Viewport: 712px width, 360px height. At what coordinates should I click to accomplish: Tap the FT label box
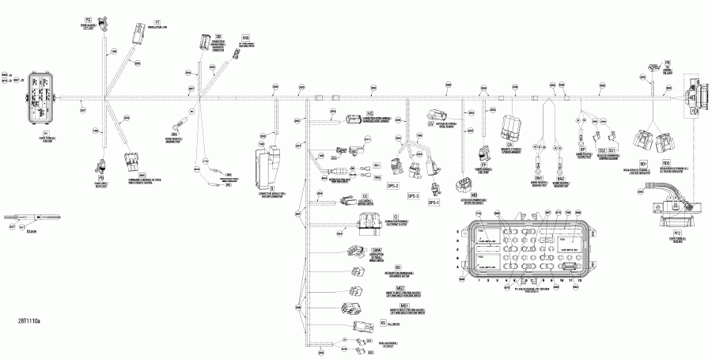[x=157, y=17]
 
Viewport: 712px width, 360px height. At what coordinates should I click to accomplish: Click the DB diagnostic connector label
[x=218, y=36]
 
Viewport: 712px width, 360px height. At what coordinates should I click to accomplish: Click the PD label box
[x=101, y=156]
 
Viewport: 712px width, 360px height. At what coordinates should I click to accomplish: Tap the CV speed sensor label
[x=431, y=125]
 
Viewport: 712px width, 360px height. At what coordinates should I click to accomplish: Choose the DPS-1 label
[x=434, y=203]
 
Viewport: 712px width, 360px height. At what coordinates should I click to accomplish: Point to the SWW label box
[x=377, y=250]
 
